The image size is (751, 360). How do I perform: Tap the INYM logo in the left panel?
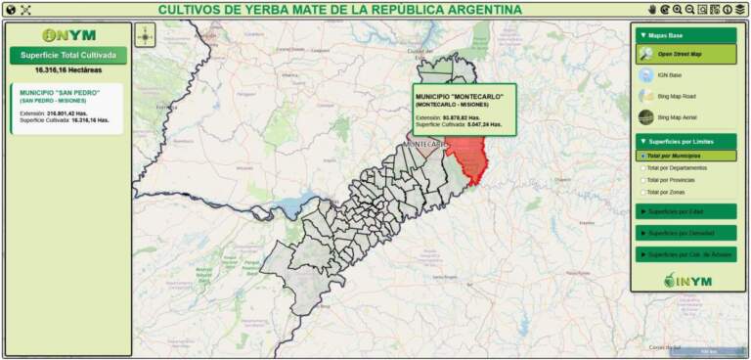[x=68, y=35]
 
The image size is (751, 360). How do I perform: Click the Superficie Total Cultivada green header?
[x=68, y=55]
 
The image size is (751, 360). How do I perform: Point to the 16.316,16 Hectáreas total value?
[x=68, y=70]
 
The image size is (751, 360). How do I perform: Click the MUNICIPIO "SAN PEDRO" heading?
[x=60, y=92]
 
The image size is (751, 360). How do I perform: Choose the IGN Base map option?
[x=669, y=74]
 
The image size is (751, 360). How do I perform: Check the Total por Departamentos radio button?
[x=642, y=167]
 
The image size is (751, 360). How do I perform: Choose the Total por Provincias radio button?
[x=642, y=180]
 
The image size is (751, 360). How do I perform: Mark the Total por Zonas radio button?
[x=642, y=192]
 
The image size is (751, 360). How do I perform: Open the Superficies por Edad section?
[x=685, y=211]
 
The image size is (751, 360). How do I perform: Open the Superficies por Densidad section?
[x=685, y=233]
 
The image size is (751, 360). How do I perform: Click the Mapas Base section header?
[x=685, y=35]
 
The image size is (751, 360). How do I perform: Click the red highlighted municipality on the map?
[x=470, y=157]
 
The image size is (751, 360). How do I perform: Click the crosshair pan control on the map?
[x=145, y=36]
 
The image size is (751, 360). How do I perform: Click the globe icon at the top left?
[x=10, y=10]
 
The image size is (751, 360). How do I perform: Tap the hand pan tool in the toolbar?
[x=652, y=9]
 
